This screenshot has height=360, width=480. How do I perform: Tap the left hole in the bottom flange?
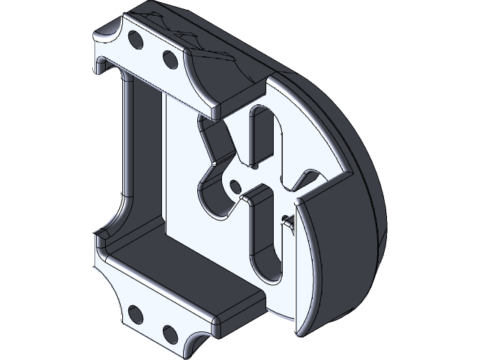point(135,313)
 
